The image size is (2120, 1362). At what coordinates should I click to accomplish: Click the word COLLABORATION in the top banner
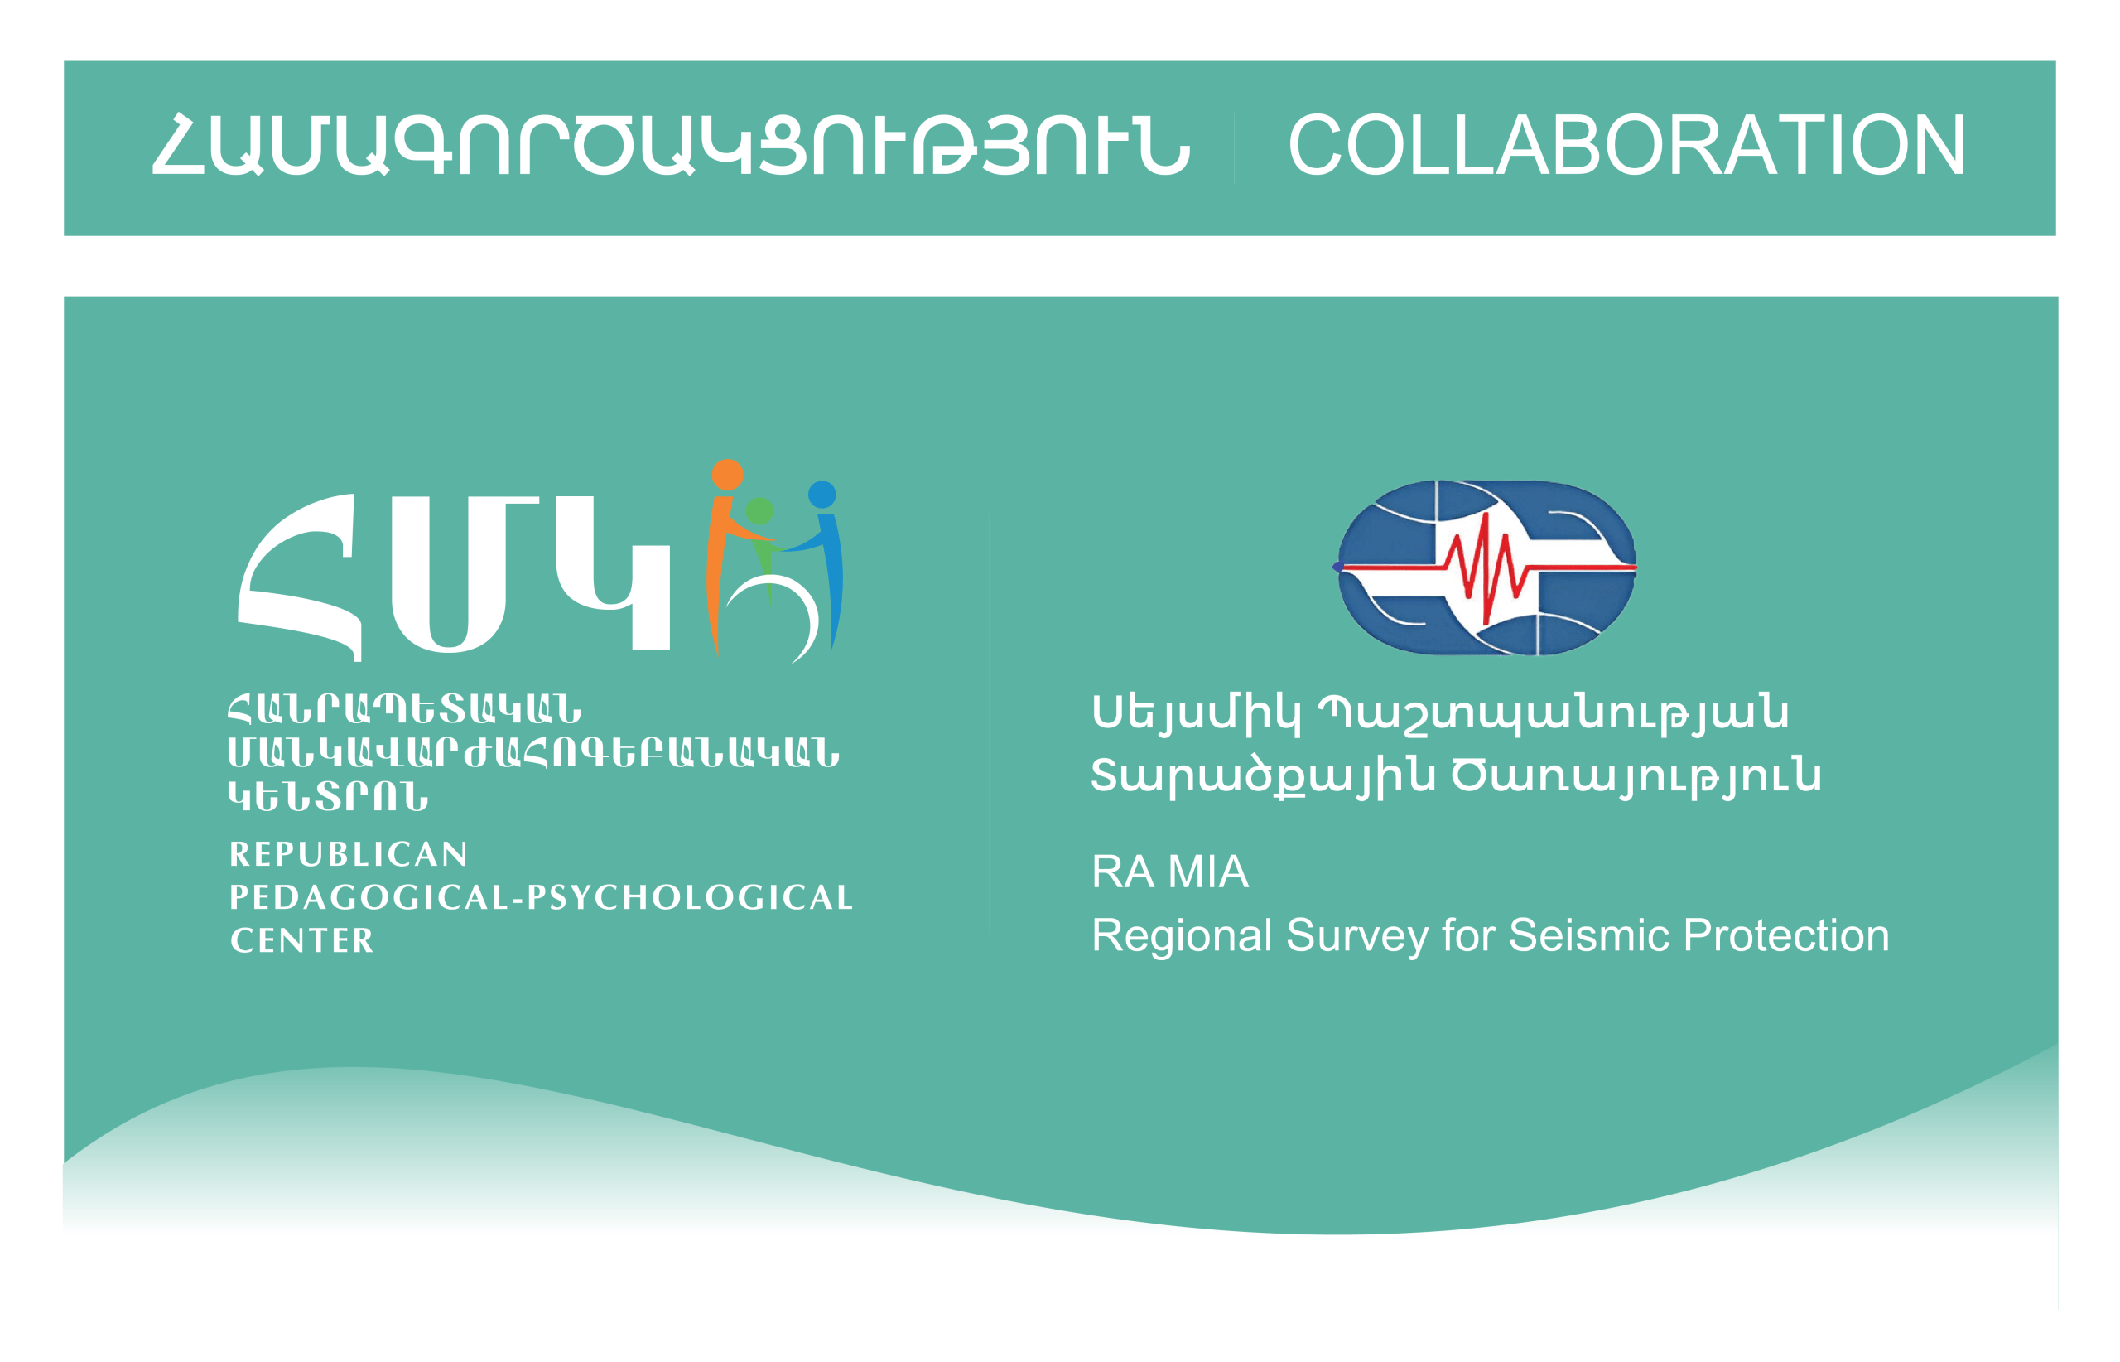point(1625,145)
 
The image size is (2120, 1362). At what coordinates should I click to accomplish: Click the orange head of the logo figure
point(727,474)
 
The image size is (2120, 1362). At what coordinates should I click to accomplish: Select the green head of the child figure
point(759,510)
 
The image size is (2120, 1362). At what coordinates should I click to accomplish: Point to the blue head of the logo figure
point(821,495)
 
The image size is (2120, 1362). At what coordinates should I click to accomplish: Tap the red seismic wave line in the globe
point(1488,568)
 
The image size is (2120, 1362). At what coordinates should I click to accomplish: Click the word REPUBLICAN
point(349,854)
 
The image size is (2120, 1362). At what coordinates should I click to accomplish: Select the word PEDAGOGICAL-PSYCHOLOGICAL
point(540,898)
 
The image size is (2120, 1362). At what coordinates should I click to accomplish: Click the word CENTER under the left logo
point(301,940)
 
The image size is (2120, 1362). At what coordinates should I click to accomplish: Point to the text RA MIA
point(1168,872)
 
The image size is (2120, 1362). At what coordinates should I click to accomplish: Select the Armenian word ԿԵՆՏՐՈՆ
point(328,796)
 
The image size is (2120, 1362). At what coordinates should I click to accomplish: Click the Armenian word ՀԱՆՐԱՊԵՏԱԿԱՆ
point(404,708)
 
